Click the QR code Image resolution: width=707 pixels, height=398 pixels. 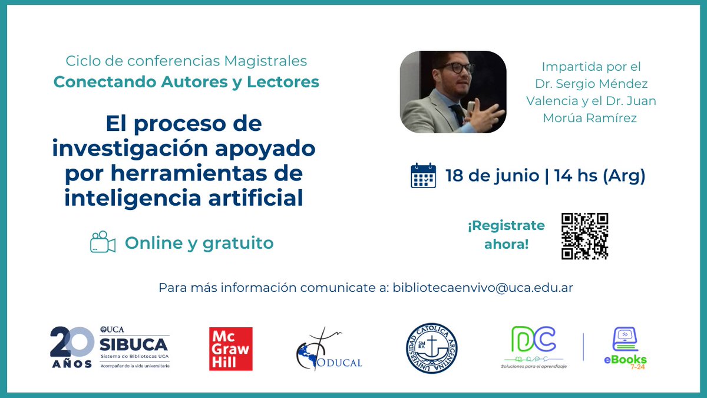[x=584, y=236]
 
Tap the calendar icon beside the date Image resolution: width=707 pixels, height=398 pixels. [x=423, y=176]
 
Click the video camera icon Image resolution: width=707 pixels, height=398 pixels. [x=103, y=242]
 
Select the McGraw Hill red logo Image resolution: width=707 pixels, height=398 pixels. [x=231, y=349]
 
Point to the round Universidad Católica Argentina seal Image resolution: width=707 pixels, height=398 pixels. [x=431, y=348]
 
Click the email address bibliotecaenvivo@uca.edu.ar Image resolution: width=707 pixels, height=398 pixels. [x=483, y=288]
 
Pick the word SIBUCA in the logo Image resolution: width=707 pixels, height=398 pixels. [x=134, y=344]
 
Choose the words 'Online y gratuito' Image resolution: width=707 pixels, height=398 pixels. [x=199, y=243]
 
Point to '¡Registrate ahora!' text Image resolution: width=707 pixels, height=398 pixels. [x=506, y=235]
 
